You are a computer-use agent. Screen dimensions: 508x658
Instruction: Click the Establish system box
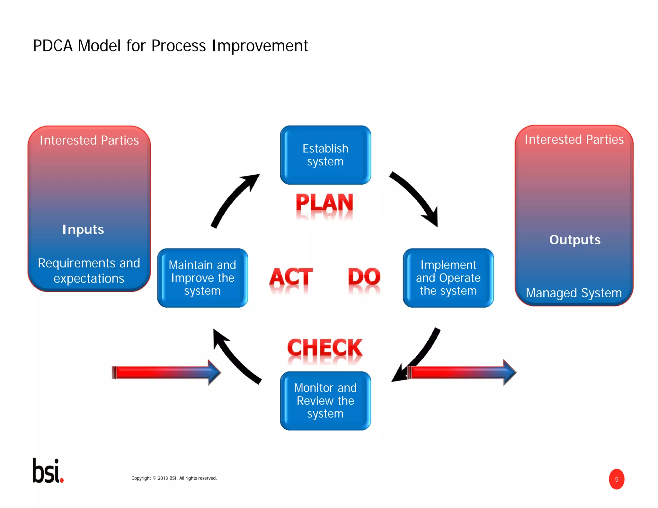pyautogui.click(x=325, y=155)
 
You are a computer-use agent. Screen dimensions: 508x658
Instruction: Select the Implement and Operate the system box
pyautogui.click(x=448, y=278)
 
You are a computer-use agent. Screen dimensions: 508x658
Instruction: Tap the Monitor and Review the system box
pyautogui.click(x=325, y=401)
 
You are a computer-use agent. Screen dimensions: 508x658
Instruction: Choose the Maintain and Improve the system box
pyautogui.click(x=202, y=278)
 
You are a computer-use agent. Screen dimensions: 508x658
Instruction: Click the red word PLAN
pyautogui.click(x=325, y=203)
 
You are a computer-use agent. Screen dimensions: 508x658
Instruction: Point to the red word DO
pyautogui.click(x=364, y=277)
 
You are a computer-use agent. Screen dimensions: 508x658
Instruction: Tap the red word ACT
pyautogui.click(x=291, y=277)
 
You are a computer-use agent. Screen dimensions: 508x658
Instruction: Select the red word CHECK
pyautogui.click(x=325, y=348)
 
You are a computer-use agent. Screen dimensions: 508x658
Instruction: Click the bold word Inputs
pyautogui.click(x=83, y=230)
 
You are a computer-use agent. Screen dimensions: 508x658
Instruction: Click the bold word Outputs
pyautogui.click(x=575, y=240)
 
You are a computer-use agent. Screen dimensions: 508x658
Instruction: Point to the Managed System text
pyautogui.click(x=574, y=293)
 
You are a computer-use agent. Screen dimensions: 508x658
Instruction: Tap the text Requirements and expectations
pyautogui.click(x=89, y=271)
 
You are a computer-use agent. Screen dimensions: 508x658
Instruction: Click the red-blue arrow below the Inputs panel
pyautogui.click(x=165, y=372)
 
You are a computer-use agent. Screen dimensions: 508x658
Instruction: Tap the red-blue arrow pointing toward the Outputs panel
pyautogui.click(x=461, y=372)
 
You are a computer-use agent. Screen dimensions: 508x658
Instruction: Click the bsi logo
pyautogui.click(x=48, y=471)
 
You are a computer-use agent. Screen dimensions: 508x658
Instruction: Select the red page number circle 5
pyautogui.click(x=616, y=479)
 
